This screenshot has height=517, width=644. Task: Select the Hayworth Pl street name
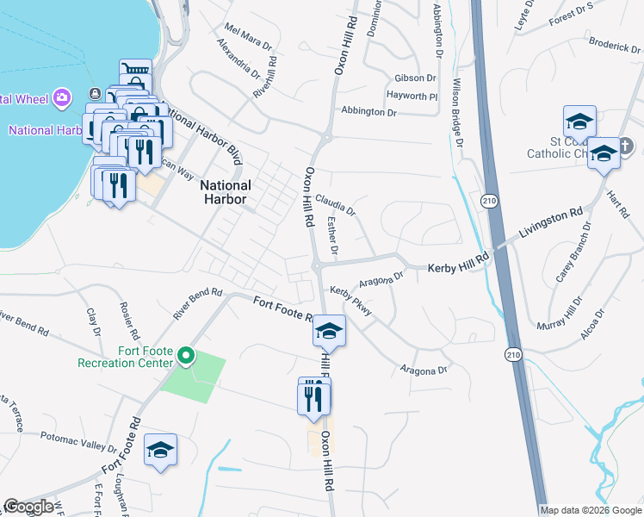(412, 96)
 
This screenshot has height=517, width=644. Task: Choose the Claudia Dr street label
(335, 204)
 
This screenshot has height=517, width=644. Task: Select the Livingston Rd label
(551, 222)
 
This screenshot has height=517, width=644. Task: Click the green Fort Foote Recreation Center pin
(184, 354)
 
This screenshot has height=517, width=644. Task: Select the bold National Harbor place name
(226, 192)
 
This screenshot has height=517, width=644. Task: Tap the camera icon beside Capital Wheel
(61, 97)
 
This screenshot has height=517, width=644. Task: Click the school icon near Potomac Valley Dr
(160, 450)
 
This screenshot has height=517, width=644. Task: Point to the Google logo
(28, 507)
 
